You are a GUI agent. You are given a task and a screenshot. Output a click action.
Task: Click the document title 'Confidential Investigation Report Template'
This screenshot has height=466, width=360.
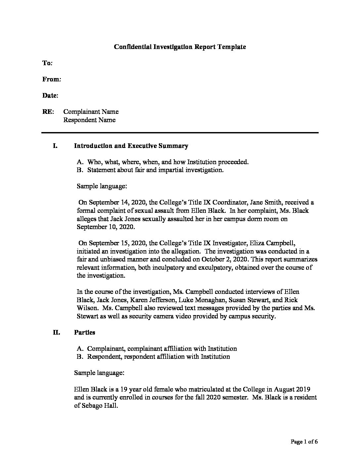pyautogui.click(x=180, y=47)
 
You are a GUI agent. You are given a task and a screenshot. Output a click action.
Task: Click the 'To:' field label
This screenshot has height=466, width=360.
pyautogui.click(x=47, y=63)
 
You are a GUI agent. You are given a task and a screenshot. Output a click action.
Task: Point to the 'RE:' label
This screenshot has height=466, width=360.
pyautogui.click(x=48, y=112)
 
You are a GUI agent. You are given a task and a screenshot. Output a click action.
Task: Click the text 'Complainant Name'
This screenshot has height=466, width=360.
pyautogui.click(x=91, y=112)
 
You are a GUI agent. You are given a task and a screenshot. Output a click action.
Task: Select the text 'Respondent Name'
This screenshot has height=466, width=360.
pyautogui.click(x=89, y=120)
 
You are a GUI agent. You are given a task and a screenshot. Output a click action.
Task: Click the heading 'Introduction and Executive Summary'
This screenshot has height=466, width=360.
pyautogui.click(x=131, y=146)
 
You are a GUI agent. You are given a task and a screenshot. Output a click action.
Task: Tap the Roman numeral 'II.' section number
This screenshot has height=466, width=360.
pyautogui.click(x=56, y=332)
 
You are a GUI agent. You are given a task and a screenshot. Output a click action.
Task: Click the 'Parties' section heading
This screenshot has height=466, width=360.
pyautogui.click(x=84, y=332)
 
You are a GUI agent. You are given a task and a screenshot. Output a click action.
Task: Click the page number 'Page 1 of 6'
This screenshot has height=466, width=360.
pyautogui.click(x=304, y=442)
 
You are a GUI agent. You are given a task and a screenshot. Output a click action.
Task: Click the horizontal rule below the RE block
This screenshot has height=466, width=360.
pyautogui.click(x=180, y=133)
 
